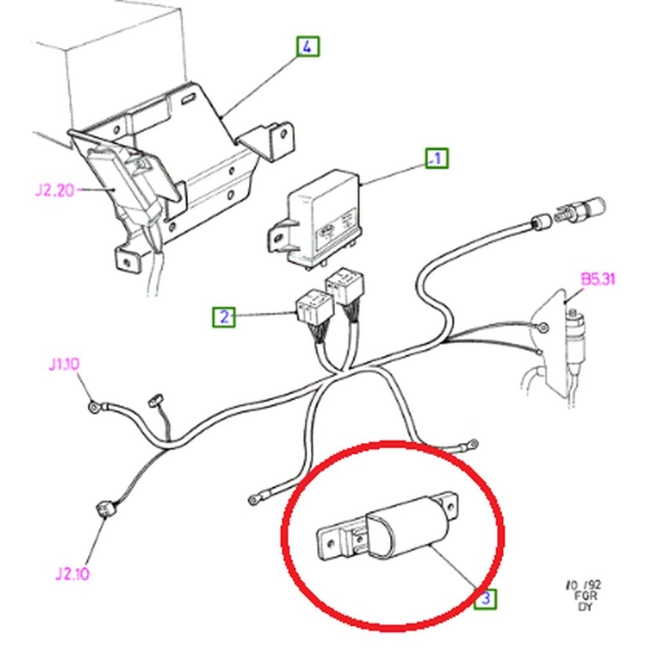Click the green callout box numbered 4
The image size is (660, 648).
[308, 46]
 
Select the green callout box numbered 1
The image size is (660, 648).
[436, 158]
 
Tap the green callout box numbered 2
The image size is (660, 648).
[224, 316]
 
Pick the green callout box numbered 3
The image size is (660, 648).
[485, 598]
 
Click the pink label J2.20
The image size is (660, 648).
[54, 191]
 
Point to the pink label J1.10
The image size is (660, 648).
[64, 364]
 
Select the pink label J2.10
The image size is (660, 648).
[72, 574]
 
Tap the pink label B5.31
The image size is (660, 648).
[598, 279]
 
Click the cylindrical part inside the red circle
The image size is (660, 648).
[407, 528]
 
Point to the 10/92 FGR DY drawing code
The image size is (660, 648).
[583, 596]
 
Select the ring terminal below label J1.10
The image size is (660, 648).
[94, 407]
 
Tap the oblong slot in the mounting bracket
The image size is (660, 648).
[187, 100]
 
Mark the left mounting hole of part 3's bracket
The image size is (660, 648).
[331, 543]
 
